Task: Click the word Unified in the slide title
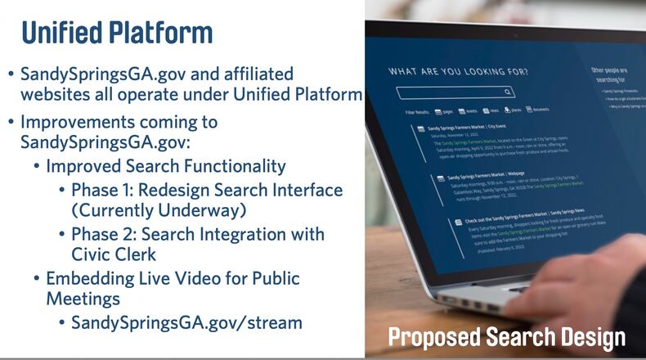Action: point(61,33)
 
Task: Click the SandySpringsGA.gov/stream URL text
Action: point(186,322)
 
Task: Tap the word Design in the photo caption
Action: point(594,337)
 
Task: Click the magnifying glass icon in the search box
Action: point(508,92)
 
